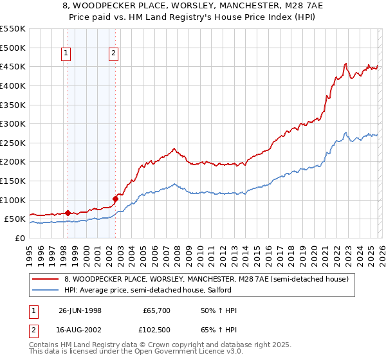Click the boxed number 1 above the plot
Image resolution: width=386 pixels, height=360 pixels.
click(x=66, y=54)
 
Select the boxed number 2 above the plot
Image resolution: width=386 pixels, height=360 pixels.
click(x=113, y=54)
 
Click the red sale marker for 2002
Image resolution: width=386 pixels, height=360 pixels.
click(x=115, y=199)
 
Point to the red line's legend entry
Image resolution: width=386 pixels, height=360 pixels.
click(x=206, y=279)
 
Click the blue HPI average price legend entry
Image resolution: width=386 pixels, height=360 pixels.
click(x=161, y=291)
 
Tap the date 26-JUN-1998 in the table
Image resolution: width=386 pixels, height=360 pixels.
click(x=80, y=310)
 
